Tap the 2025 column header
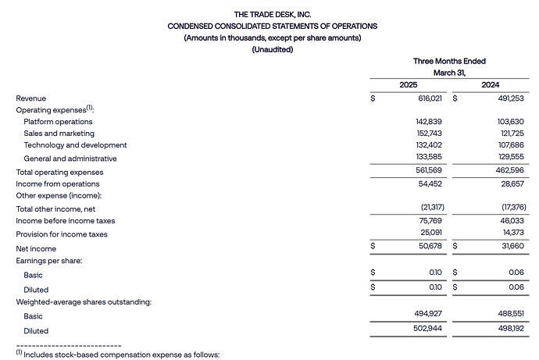(408, 84)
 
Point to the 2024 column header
(491, 84)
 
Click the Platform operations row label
(58, 122)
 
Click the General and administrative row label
(70, 158)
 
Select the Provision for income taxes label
(65, 233)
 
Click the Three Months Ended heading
(449, 61)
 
